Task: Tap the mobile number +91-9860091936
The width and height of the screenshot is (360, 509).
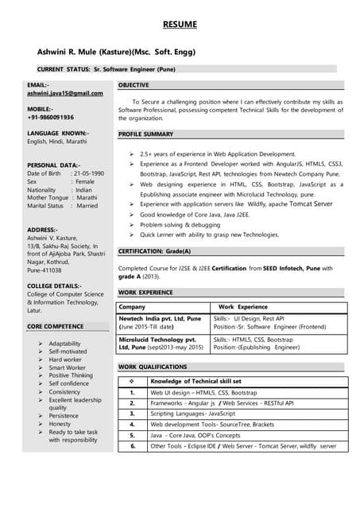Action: [x=50, y=117]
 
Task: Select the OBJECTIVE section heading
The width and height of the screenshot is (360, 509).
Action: [x=138, y=84]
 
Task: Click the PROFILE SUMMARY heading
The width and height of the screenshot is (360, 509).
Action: [x=145, y=134]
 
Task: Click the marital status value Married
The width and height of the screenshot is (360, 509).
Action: [x=87, y=206]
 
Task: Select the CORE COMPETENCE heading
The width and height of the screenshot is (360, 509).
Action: [x=55, y=327]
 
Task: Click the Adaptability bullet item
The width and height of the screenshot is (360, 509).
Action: [x=65, y=344]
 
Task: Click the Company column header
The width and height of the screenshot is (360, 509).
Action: [x=132, y=306]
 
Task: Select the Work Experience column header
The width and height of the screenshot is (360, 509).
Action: [x=242, y=306]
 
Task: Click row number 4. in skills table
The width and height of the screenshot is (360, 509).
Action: [x=132, y=425]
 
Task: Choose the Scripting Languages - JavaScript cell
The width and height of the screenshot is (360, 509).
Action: [x=193, y=414]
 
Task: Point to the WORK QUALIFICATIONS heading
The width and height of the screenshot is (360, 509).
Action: [x=153, y=367]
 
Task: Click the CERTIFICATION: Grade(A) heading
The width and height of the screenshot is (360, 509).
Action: [x=155, y=251]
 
